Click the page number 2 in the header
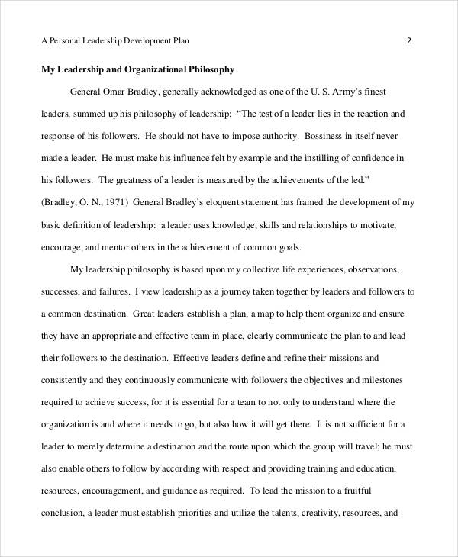click(409, 40)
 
